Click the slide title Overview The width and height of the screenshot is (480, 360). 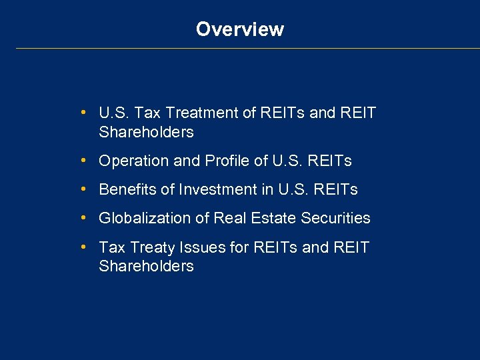coord(240,29)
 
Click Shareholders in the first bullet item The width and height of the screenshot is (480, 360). coord(146,132)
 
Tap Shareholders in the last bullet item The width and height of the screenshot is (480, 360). coord(146,267)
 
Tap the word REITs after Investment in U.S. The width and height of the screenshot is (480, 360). coord(336,190)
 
